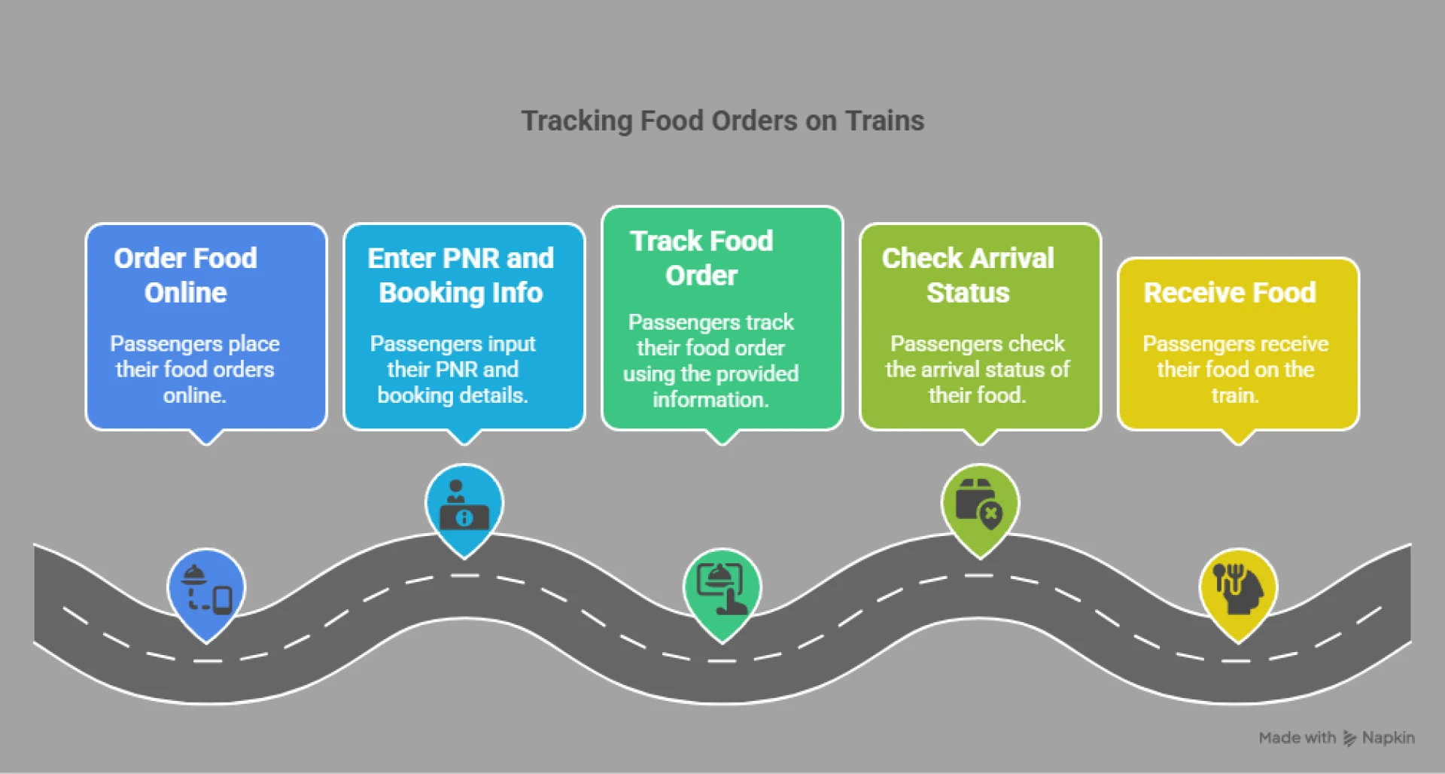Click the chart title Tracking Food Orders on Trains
[722, 121]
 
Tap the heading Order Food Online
[186, 276]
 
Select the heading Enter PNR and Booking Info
[461, 276]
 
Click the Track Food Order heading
[701, 258]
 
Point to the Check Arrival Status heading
[968, 276]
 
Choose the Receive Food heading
[1230, 293]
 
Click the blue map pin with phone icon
[206, 590]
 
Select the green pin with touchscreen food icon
[722, 590]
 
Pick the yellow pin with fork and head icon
[1237, 590]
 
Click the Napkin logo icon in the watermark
[1349, 739]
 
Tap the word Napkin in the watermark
[1389, 738]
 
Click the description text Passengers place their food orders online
[195, 370]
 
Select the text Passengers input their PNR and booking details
[452, 370]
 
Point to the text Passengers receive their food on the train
[1235, 370]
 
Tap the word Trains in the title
[884, 121]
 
